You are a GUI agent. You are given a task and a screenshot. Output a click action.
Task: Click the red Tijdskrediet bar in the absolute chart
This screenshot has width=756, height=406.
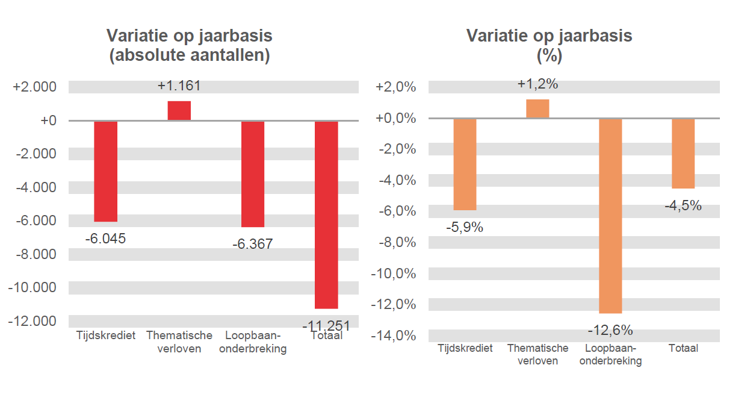pos(106,171)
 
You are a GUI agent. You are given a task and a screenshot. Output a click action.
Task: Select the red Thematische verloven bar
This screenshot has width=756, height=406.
pos(179,111)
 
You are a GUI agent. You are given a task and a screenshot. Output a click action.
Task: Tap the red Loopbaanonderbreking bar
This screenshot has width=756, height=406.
pos(253,174)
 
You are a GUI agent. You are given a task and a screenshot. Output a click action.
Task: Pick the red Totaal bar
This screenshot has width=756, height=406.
pos(326,214)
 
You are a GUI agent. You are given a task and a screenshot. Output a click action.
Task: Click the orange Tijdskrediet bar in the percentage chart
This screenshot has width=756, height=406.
pos(465,164)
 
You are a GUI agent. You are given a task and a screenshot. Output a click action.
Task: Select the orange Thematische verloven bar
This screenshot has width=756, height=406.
pos(538,108)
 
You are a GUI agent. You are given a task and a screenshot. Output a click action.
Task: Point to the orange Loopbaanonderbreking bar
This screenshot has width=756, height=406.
pos(610,216)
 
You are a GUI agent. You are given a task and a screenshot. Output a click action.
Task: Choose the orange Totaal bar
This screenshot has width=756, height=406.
pos(683,153)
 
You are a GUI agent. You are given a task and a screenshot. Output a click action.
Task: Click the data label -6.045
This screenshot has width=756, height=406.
pos(105,239)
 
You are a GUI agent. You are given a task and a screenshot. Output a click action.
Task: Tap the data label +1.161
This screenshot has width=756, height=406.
pos(179,86)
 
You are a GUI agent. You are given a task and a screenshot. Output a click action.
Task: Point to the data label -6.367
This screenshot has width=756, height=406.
pos(252,244)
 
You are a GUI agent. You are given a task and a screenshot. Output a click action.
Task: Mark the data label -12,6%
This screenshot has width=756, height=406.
pos(610,330)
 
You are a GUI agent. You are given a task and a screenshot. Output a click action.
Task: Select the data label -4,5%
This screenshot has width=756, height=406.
pos(683,205)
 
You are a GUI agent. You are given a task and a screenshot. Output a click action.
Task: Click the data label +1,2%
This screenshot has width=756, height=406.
pos(538,84)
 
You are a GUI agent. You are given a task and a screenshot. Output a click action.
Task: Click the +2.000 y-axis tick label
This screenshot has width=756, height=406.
pos(35,87)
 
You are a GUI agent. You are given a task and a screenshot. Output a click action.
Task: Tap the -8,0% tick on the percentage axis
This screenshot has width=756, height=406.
pos(395,242)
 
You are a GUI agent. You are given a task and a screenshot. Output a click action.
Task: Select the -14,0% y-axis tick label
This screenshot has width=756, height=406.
pos(393,336)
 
